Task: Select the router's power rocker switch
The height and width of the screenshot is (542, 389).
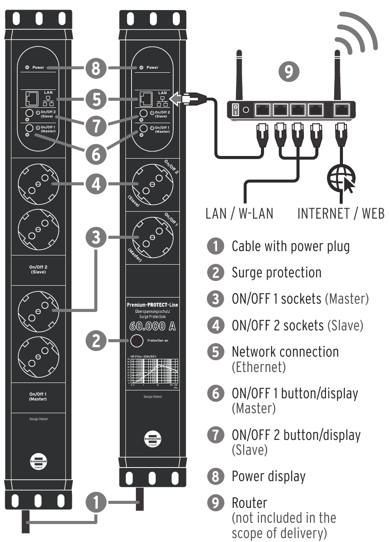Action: pyautogui.click(x=236, y=110)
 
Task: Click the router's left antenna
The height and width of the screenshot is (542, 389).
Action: pyautogui.click(x=239, y=74)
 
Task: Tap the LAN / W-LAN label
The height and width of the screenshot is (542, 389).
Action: pyautogui.click(x=239, y=213)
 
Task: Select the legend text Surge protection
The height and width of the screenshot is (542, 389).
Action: pyautogui.click(x=276, y=272)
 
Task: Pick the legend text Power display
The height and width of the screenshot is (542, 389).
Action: pyautogui.click(x=268, y=476)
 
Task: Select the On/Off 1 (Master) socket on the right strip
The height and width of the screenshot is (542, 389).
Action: pyautogui.click(x=152, y=238)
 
